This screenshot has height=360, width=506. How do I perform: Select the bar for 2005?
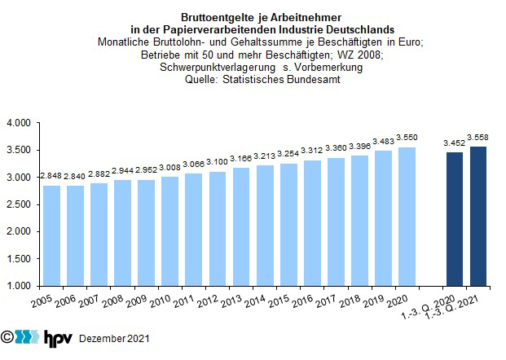(x=51, y=235)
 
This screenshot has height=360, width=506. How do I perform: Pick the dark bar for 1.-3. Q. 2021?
(x=478, y=216)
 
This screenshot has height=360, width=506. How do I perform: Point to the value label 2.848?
(x=51, y=176)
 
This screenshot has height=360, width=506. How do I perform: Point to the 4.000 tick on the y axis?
(x=19, y=123)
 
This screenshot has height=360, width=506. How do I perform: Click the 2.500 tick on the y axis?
(x=19, y=204)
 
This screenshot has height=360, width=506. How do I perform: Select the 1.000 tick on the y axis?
(x=19, y=286)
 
